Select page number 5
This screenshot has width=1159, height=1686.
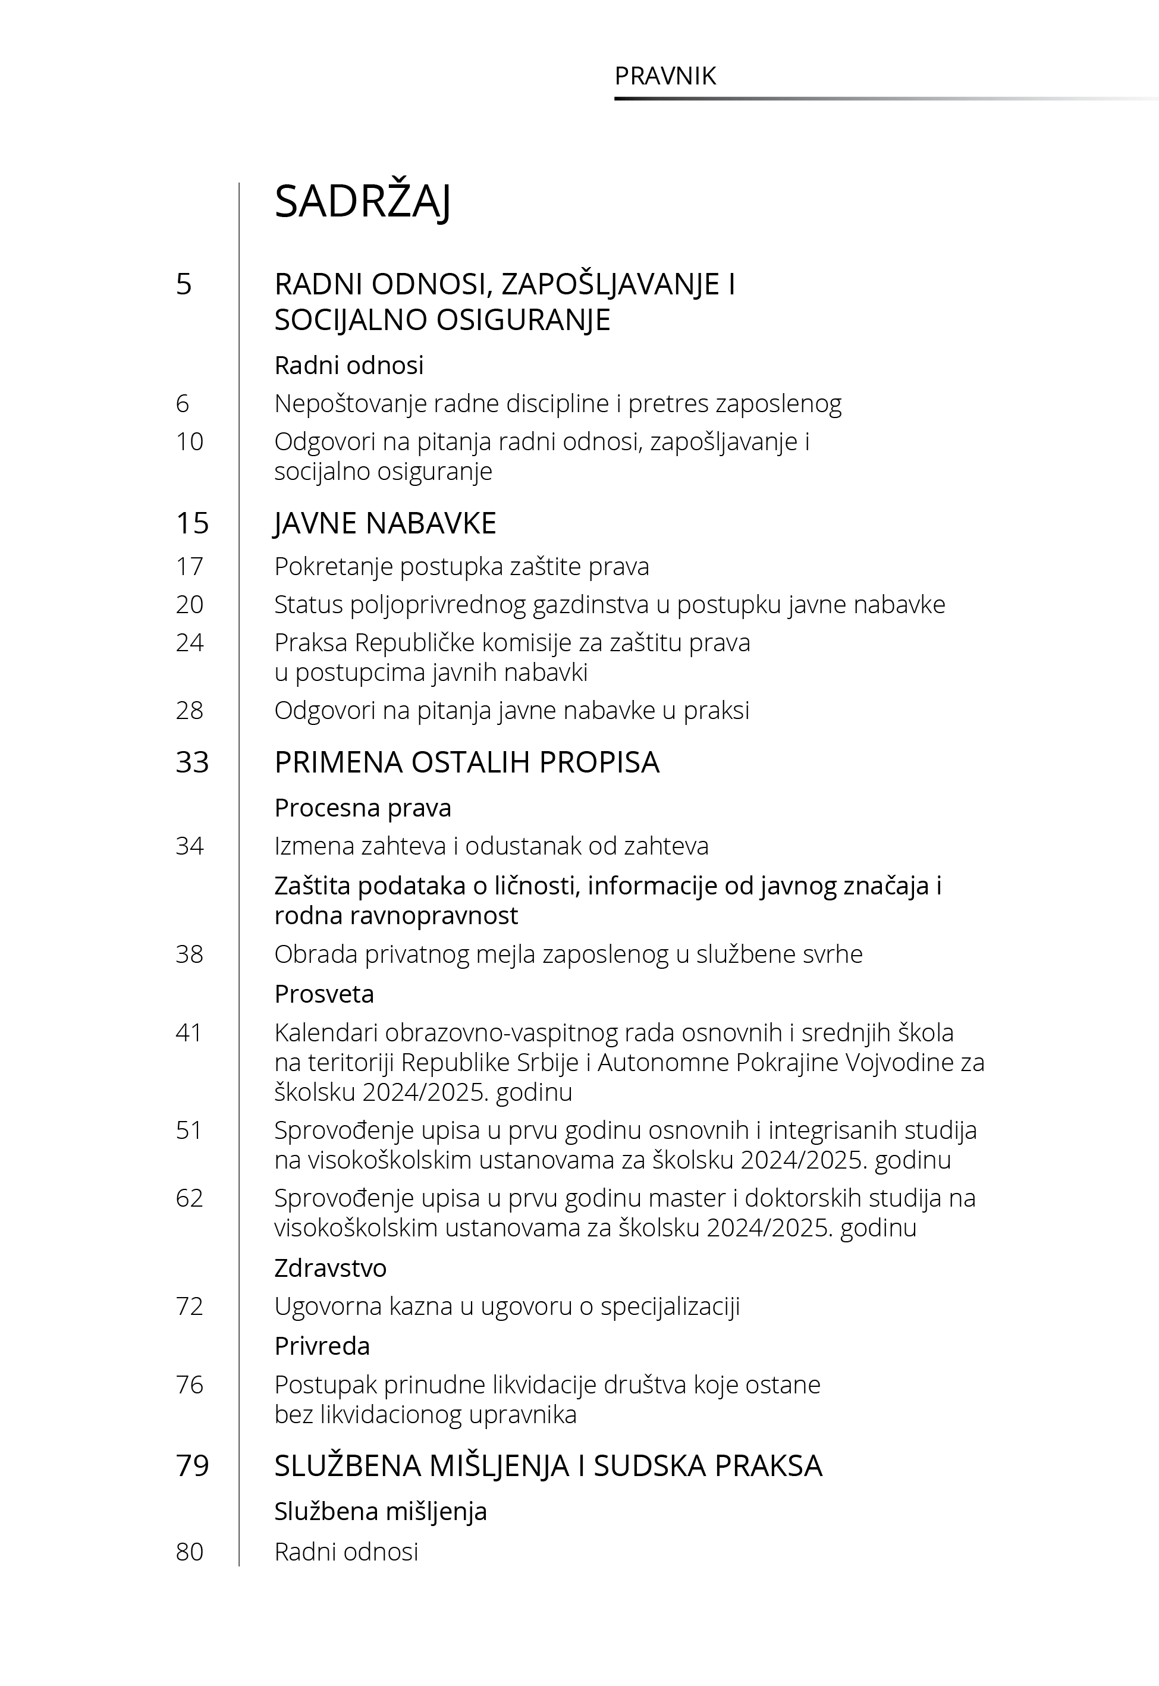pyautogui.click(x=184, y=284)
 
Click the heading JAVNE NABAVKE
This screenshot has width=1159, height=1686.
pyautogui.click(x=385, y=523)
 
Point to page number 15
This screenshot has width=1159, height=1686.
pyautogui.click(x=193, y=523)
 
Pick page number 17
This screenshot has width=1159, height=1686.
pyautogui.click(x=190, y=566)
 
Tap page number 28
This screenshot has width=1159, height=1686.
pyautogui.click(x=190, y=710)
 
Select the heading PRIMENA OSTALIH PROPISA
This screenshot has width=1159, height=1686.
pyautogui.click(x=466, y=762)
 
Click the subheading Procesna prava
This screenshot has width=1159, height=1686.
pyautogui.click(x=362, y=808)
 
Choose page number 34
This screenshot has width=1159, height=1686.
pyautogui.click(x=190, y=846)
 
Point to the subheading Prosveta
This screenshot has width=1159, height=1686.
pyautogui.click(x=324, y=993)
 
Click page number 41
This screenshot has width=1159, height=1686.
pyautogui.click(x=189, y=1032)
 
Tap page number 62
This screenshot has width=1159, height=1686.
pyautogui.click(x=190, y=1197)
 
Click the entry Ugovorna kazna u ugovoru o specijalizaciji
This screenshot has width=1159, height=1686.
pyautogui.click(x=507, y=1306)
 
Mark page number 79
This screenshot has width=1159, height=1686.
pyautogui.click(x=193, y=1466)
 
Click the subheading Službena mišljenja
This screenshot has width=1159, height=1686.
pyautogui.click(x=381, y=1511)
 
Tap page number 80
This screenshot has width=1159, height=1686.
pyautogui.click(x=190, y=1552)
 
